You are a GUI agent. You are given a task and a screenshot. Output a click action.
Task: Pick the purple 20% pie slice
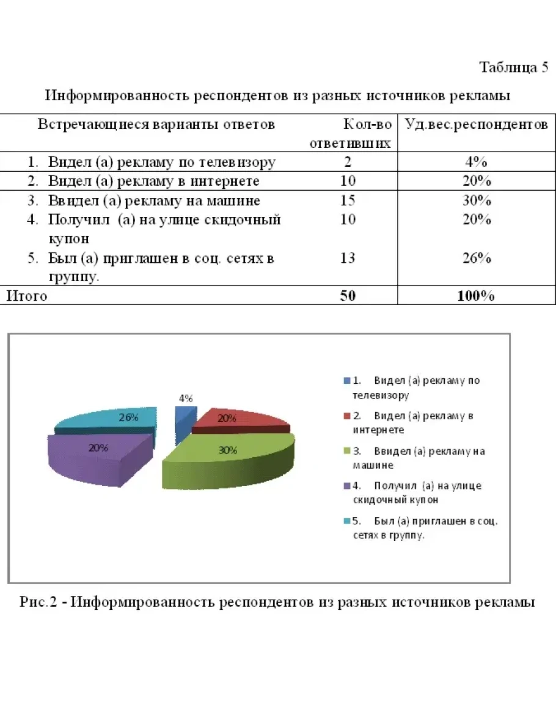[x=98, y=455]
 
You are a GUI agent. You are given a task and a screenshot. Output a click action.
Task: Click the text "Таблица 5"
[x=513, y=67]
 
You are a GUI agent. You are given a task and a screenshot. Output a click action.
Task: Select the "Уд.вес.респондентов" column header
[x=476, y=125]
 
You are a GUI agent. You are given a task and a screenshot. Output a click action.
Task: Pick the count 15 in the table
[x=348, y=200]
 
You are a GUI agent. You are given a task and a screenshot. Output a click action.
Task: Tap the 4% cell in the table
[x=475, y=163]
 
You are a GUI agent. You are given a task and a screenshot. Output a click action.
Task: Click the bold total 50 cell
[x=348, y=296]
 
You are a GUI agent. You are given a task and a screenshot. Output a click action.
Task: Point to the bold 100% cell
[x=475, y=296]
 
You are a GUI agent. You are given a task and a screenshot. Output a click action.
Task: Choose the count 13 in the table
[x=348, y=258]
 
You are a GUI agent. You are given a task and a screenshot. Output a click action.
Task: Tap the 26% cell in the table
[x=475, y=258]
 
